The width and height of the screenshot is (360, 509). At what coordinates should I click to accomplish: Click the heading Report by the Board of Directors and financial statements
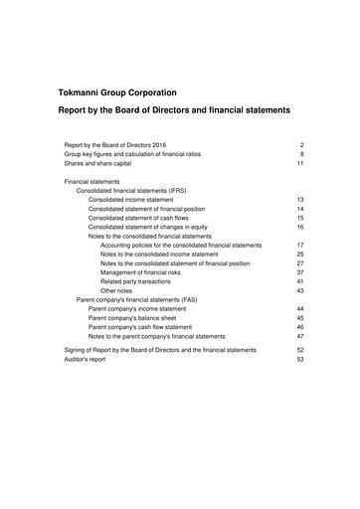[174, 110]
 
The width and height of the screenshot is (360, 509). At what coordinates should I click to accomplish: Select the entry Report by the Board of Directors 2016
[115, 145]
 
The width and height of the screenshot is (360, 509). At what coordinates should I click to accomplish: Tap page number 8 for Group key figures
[300, 155]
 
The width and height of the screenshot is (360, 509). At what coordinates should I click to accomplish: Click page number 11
[299, 165]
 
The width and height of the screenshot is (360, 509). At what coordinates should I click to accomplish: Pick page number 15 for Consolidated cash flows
[299, 218]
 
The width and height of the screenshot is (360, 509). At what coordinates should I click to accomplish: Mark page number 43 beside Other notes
[299, 290]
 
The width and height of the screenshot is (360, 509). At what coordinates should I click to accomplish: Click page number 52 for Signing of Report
[299, 350]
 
